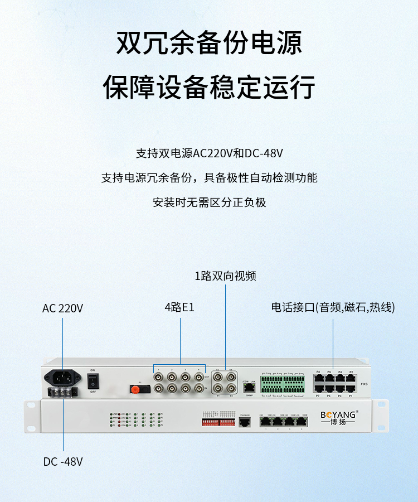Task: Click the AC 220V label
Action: [x=62, y=308]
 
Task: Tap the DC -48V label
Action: [x=63, y=462]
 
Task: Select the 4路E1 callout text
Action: [x=179, y=307]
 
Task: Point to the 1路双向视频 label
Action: [x=225, y=276]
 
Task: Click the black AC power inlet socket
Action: [x=62, y=378]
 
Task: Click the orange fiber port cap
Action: [x=134, y=388]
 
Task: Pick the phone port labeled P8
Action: [x=318, y=378]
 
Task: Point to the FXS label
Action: [x=364, y=384]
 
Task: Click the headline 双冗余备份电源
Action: [x=209, y=43]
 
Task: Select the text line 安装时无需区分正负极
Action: [x=209, y=202]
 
